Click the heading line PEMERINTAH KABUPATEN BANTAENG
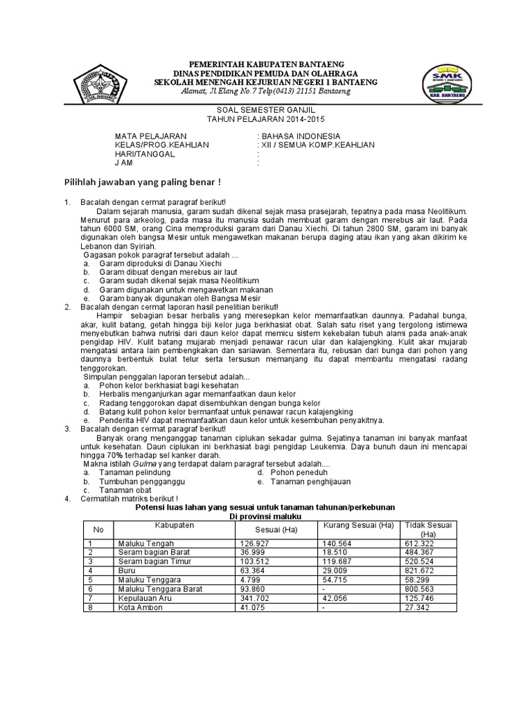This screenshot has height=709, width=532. [265, 64]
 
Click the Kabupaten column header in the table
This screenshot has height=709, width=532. [175, 526]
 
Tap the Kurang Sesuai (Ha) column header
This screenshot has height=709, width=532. [359, 526]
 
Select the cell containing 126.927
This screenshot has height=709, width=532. [255, 544]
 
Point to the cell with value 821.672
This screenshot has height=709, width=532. [420, 571]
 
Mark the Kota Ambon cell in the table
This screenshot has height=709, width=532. [141, 607]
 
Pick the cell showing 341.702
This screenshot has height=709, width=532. [255, 598]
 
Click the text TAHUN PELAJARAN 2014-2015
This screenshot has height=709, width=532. [265, 119]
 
